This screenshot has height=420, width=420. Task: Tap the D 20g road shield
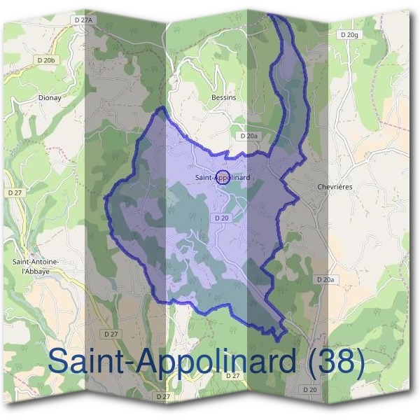point(348,34)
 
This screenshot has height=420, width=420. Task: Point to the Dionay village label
point(50,98)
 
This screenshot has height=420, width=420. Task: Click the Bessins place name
point(223,98)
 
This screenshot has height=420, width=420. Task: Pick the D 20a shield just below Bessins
point(248,136)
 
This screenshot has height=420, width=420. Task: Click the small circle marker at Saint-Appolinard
point(223,177)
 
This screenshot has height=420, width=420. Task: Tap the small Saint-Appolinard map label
point(223,178)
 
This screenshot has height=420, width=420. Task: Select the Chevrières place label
point(335,187)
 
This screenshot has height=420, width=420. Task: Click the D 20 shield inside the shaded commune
point(222,218)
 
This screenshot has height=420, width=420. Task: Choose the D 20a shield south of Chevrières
point(325,279)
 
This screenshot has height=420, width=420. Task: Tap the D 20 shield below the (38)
point(310,390)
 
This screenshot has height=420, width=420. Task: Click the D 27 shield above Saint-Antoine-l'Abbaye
point(15,192)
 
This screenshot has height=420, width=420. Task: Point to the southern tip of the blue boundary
point(279,341)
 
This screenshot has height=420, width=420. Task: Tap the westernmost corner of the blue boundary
point(105,198)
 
